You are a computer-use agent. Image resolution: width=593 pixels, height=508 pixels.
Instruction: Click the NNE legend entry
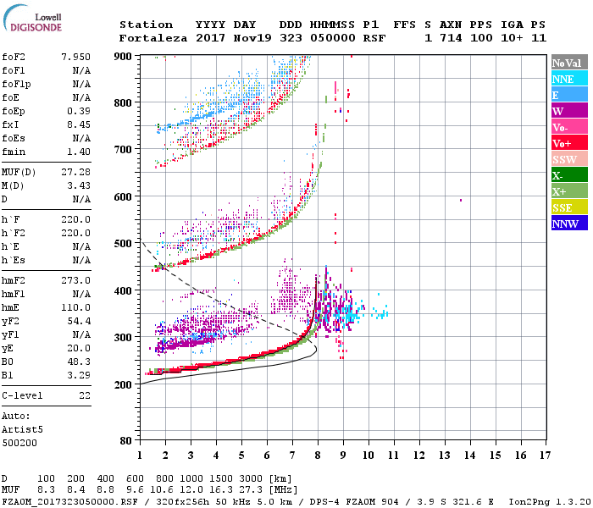pyautogui.click(x=569, y=79)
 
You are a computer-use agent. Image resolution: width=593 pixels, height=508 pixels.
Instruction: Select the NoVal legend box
pyautogui.click(x=569, y=63)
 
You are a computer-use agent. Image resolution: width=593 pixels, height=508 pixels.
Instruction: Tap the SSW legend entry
pyautogui.click(x=569, y=159)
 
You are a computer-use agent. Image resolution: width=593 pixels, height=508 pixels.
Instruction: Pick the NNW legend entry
pyautogui.click(x=569, y=224)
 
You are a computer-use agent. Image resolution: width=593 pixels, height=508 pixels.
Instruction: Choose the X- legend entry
pyautogui.click(x=569, y=175)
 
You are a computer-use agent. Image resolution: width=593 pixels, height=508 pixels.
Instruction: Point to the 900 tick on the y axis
pyautogui.click(x=123, y=56)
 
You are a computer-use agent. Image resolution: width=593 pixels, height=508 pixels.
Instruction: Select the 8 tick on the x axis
pyautogui.click(x=318, y=456)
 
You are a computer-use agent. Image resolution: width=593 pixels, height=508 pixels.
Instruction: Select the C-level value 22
pyautogui.click(x=84, y=395)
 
